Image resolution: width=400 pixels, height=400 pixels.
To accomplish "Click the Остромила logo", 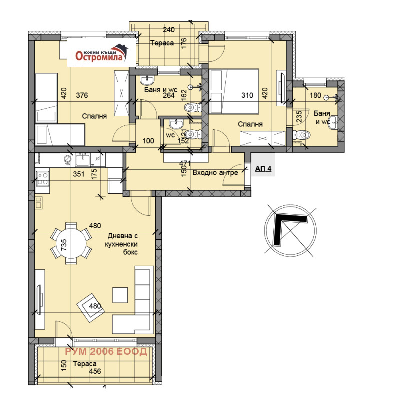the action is [x=102, y=53].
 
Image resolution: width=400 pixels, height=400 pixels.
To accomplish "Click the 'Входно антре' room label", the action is [x=215, y=172].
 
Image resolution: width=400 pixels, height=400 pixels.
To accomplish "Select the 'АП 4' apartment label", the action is [x=263, y=169].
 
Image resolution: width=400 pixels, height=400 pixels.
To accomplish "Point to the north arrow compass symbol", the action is [x=290, y=230].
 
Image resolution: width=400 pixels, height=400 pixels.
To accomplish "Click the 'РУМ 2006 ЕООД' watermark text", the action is [x=106, y=352].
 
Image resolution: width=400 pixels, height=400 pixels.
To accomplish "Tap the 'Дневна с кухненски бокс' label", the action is [x=121, y=244].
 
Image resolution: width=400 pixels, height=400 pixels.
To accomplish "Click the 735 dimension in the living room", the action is [x=64, y=244].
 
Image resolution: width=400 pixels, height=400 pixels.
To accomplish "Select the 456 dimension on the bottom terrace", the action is [x=95, y=371].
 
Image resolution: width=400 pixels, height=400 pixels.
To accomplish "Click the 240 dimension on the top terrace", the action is [x=169, y=30].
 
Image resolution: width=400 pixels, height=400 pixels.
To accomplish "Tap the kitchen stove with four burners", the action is [x=42, y=178].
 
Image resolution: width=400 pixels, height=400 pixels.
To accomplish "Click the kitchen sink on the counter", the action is [x=82, y=159].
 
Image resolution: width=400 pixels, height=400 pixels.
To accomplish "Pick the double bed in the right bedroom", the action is [x=234, y=91].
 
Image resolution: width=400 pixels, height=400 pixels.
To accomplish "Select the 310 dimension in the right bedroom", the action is [x=247, y=95].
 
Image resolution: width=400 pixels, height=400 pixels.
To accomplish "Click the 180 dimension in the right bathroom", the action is [x=315, y=95].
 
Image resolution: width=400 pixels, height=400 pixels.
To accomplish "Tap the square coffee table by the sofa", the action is [x=120, y=295].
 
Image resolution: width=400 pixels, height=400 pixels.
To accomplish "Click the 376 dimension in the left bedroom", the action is [x=82, y=95].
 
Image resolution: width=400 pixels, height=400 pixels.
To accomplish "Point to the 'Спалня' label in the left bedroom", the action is [x=94, y=116].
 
